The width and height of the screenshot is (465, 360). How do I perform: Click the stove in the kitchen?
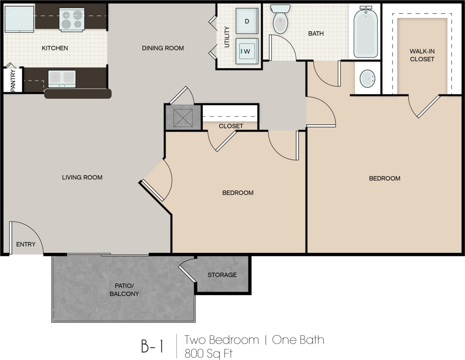[x=72, y=19]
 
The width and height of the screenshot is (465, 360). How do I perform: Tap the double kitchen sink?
[x=62, y=78]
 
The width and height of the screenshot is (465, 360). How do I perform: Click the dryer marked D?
[x=247, y=21]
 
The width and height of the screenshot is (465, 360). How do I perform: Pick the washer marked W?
[x=247, y=51]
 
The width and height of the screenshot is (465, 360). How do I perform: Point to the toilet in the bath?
[x=280, y=19]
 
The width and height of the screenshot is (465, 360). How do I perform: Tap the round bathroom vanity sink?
[x=367, y=79]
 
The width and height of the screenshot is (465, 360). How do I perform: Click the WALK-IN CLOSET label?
[x=422, y=55]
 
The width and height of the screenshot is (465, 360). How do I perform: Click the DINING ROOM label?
[x=163, y=48]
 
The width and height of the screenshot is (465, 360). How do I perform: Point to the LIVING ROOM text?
[x=82, y=177]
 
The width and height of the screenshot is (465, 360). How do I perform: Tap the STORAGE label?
[x=222, y=275]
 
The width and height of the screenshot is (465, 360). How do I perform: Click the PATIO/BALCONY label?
[x=124, y=290]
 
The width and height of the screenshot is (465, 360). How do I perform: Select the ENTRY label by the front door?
[x=26, y=244]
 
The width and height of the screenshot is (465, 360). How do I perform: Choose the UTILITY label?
[x=227, y=37]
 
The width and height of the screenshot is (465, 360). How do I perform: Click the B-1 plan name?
[x=152, y=346]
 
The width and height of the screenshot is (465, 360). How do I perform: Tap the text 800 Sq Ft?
[x=208, y=353]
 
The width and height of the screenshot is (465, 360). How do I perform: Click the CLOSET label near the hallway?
[x=231, y=126]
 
